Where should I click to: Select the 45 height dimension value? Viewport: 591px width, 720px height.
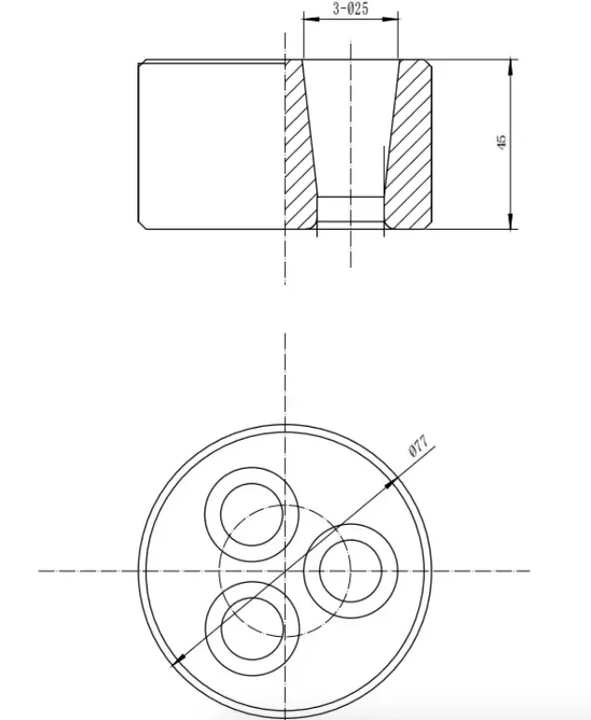(x=501, y=142)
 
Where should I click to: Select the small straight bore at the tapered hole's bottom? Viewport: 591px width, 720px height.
(x=350, y=212)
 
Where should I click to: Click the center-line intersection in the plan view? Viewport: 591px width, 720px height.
(x=284, y=570)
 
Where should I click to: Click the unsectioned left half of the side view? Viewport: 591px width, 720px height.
(x=210, y=145)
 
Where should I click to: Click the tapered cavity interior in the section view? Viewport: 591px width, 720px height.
(x=350, y=131)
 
